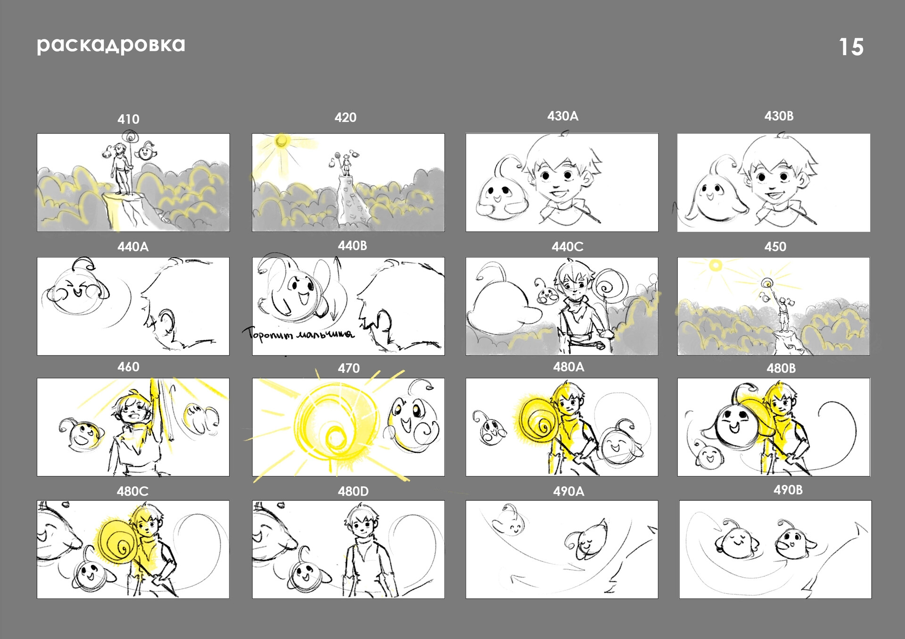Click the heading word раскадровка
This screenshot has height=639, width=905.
(111, 45)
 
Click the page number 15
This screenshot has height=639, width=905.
(851, 47)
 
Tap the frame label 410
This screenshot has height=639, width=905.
(128, 119)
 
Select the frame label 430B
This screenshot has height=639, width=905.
(779, 116)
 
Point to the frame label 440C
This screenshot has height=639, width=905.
(567, 247)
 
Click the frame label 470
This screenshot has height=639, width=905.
(348, 368)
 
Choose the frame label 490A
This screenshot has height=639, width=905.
(568, 491)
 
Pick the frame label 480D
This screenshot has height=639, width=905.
(353, 491)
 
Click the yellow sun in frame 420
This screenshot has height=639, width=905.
(281, 141)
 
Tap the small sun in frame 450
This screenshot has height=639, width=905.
(715, 266)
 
